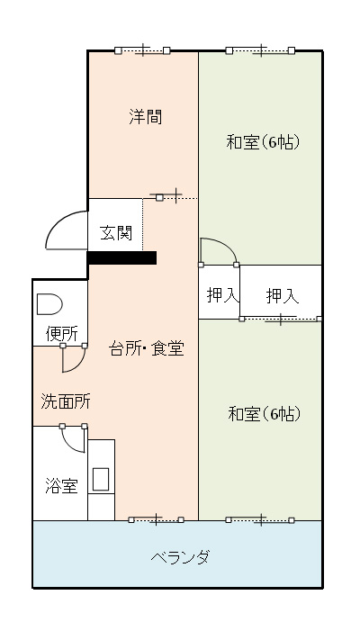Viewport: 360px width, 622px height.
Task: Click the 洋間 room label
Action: click(x=145, y=117)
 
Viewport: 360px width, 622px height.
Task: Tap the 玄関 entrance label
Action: click(x=116, y=233)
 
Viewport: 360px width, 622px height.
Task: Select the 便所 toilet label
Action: click(x=62, y=334)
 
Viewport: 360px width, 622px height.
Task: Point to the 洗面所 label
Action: click(x=66, y=401)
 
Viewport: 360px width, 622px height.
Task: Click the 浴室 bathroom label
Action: click(x=61, y=485)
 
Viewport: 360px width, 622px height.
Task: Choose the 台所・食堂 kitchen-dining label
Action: click(x=147, y=348)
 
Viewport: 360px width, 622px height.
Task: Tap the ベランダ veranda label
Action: click(x=180, y=557)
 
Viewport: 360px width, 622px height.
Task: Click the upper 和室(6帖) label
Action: click(x=262, y=142)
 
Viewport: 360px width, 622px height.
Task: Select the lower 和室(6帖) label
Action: click(x=264, y=414)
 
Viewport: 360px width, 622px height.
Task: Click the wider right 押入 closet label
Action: click(x=283, y=296)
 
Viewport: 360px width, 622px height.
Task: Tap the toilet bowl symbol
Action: click(x=49, y=304)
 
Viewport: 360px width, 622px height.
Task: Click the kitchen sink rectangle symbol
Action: click(x=101, y=479)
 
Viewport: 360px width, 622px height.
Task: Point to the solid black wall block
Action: click(x=121, y=257)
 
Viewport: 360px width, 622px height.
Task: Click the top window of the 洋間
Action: click(x=142, y=50)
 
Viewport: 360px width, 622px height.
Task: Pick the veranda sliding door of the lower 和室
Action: click(x=260, y=519)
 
